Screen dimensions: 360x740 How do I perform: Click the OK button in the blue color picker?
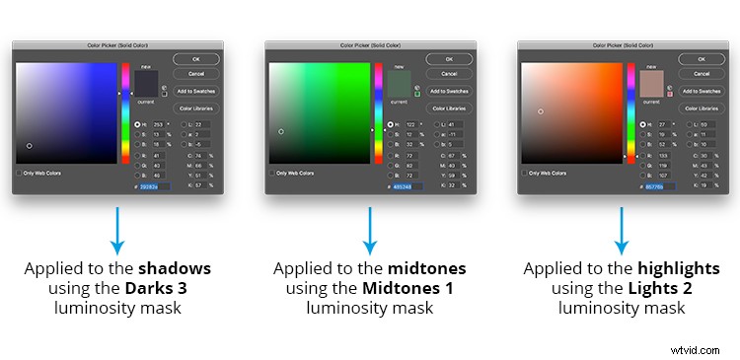pos(195,59)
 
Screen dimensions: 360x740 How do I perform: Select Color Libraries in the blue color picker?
pos(195,108)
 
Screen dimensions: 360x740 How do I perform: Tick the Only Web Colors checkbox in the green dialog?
pos(273,173)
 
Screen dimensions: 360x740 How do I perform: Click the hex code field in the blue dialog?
pos(154,186)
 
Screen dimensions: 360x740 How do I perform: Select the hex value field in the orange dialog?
pos(660,186)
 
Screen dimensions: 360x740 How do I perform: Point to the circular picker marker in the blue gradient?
pos(30,146)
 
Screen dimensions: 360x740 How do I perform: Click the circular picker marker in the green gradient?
pos(282,130)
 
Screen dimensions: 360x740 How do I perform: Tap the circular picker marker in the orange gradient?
pos(541,111)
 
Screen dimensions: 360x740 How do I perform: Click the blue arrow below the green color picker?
pos(370,232)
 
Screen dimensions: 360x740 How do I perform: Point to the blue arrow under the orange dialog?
pos(623,232)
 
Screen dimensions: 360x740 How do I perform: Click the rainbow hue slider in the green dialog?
pos(378,113)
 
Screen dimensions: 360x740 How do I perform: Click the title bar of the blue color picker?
pos(117,45)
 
